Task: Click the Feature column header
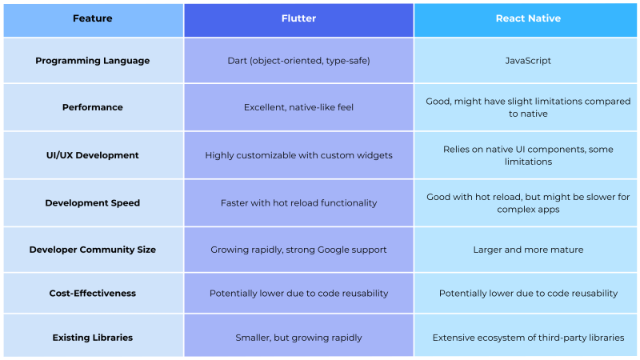pyautogui.click(x=93, y=18)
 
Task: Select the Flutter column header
pyautogui.click(x=298, y=18)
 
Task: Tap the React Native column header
pyautogui.click(x=528, y=18)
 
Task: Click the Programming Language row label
pyautogui.click(x=93, y=61)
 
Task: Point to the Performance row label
pyautogui.click(x=93, y=107)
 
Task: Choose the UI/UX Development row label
pyautogui.click(x=93, y=155)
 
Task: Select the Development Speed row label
pyautogui.click(x=93, y=203)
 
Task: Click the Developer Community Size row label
pyautogui.click(x=93, y=250)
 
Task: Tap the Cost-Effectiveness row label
pyautogui.click(x=93, y=294)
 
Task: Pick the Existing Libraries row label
pyautogui.click(x=93, y=338)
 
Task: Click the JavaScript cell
pyautogui.click(x=528, y=61)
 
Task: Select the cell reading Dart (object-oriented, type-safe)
pyautogui.click(x=298, y=61)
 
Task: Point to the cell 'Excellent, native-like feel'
pyautogui.click(x=298, y=107)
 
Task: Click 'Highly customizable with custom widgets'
pyautogui.click(x=298, y=155)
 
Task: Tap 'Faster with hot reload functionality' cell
pyautogui.click(x=298, y=203)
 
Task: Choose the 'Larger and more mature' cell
pyautogui.click(x=528, y=250)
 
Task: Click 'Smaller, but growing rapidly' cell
pyautogui.click(x=298, y=338)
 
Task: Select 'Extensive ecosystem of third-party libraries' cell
pyautogui.click(x=528, y=338)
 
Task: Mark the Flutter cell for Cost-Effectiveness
pyautogui.click(x=298, y=294)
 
